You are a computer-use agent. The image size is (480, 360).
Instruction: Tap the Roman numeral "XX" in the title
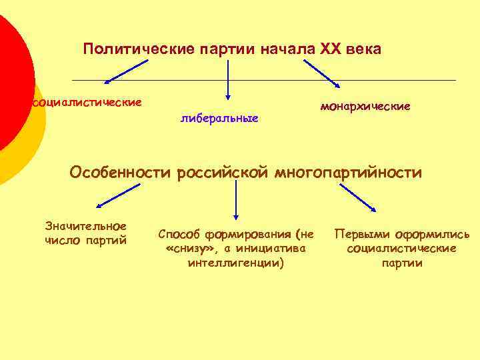tap(331, 49)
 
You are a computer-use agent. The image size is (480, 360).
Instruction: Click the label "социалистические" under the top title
tap(87, 103)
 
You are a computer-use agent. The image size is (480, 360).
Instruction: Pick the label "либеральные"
tap(219, 118)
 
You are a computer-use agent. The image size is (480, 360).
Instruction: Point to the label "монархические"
tap(365, 106)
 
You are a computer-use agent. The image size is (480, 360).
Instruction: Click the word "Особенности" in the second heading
tap(121, 173)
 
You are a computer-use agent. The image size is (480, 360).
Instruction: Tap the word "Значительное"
tap(85, 226)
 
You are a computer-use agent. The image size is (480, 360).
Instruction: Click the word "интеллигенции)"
tap(236, 263)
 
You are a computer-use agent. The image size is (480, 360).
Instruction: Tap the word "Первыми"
tap(361, 235)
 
